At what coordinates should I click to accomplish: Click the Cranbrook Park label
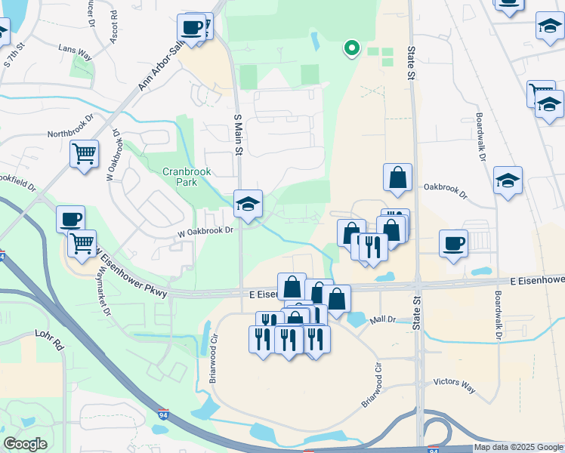[186, 177]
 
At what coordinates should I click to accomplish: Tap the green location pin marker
[351, 48]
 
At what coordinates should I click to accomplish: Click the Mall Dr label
[383, 320]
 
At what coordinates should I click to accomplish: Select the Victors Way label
[454, 386]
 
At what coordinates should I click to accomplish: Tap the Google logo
[26, 443]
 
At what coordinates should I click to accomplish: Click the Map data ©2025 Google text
[518, 447]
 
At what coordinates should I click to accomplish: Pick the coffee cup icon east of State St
[453, 243]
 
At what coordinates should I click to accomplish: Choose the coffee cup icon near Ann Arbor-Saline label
[193, 27]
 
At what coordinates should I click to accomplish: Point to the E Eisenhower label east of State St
[537, 280]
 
